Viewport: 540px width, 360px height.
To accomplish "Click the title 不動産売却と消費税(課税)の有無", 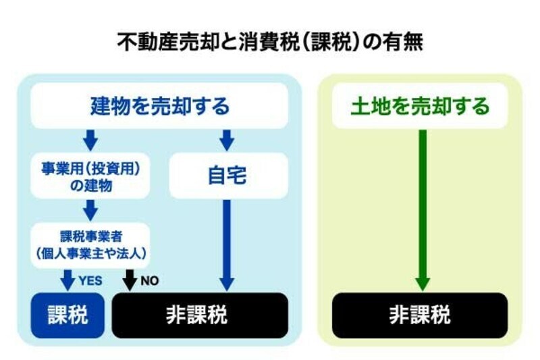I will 270,43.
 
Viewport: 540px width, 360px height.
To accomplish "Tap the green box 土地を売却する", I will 420,106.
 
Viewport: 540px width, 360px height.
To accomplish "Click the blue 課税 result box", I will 67,315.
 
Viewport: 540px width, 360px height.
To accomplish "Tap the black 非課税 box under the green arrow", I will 420,315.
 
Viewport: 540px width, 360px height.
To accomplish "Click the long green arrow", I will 422,209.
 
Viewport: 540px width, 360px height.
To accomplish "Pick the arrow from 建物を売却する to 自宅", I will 227,140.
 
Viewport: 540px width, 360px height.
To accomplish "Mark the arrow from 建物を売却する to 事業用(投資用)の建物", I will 90,140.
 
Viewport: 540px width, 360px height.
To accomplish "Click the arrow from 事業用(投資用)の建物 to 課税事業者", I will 90,210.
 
